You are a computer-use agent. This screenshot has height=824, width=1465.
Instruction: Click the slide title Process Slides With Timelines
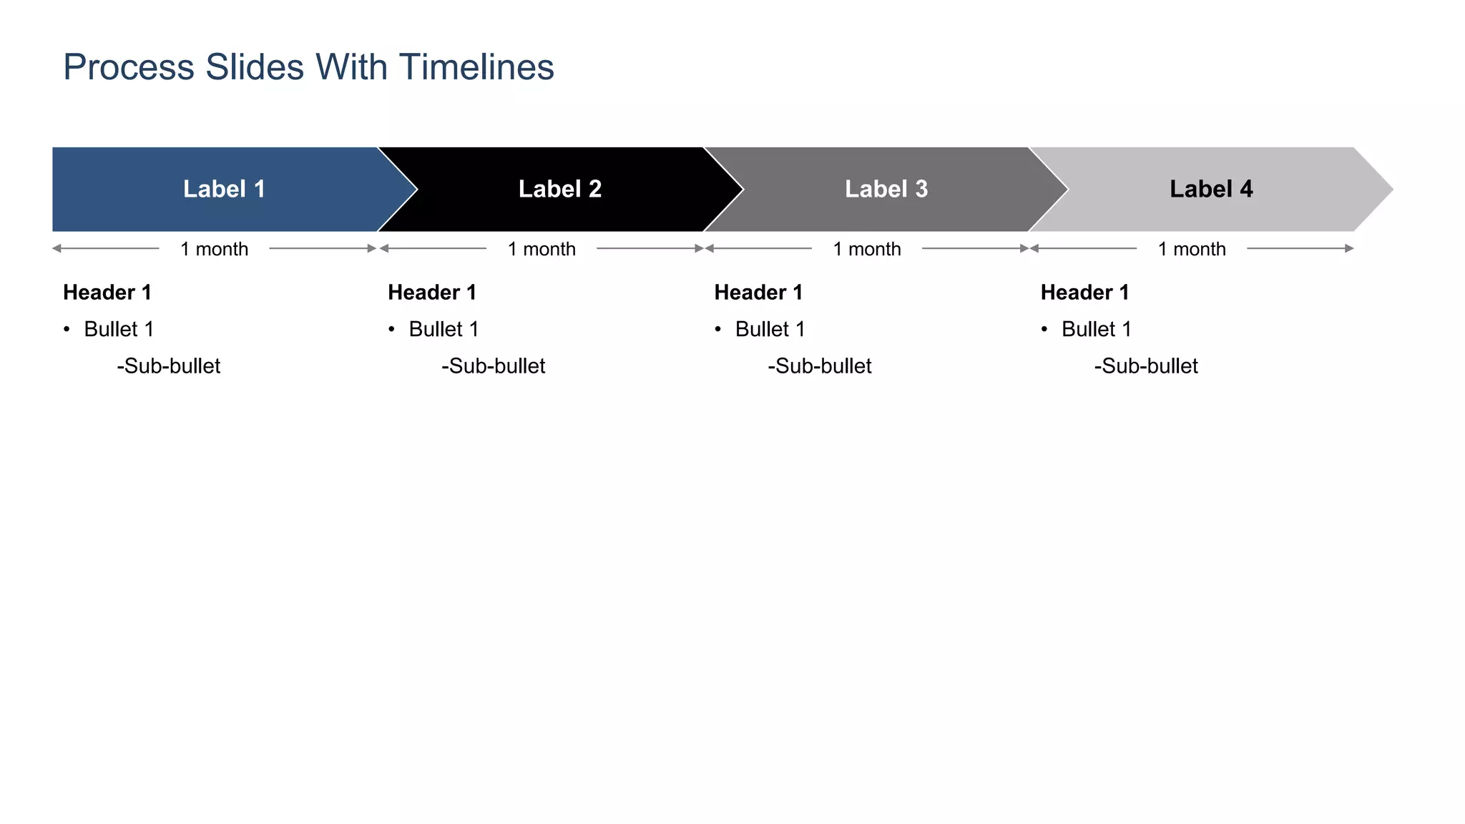(x=308, y=67)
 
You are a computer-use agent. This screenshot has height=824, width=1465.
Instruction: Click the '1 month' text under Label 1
(x=214, y=249)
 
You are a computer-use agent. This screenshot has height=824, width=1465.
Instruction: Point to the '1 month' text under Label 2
(x=542, y=249)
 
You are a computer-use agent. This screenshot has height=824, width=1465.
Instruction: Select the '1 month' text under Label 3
(x=867, y=249)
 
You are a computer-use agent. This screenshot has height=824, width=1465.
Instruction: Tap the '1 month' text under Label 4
(x=1192, y=249)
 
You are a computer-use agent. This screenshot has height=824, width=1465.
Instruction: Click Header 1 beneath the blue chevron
(x=107, y=293)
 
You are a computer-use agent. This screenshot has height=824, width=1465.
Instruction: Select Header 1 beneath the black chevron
(x=432, y=293)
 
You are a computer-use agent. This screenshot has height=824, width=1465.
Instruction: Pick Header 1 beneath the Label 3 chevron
(x=758, y=293)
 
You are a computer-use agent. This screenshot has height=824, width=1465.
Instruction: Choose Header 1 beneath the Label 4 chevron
(x=1084, y=293)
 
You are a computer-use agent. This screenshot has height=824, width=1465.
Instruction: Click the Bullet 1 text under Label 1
(x=119, y=329)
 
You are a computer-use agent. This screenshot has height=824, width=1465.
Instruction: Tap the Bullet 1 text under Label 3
(x=770, y=329)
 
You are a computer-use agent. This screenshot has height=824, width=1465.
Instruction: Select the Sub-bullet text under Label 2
(x=494, y=366)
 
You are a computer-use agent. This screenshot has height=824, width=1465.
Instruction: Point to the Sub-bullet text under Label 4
(x=1146, y=366)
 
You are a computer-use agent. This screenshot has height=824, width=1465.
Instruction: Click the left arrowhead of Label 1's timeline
(x=57, y=248)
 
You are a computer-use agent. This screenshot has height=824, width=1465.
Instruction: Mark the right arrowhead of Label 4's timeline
(x=1349, y=248)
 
